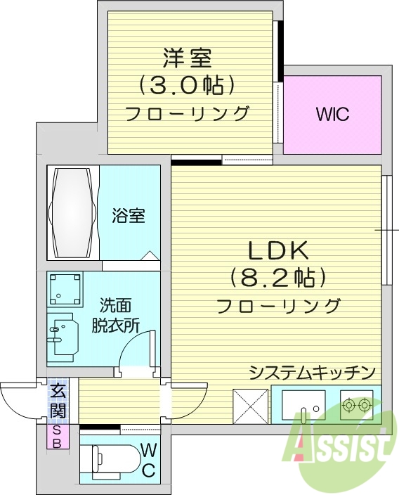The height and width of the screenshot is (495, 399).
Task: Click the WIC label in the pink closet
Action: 332,115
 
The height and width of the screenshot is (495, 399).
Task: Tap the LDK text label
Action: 277,252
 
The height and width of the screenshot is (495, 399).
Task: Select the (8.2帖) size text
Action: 277,278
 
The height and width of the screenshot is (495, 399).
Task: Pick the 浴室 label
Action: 129,215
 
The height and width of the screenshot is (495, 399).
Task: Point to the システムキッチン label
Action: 313,373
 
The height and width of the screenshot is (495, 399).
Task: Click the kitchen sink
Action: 303,406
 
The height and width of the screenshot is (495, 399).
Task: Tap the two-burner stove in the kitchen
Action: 356,405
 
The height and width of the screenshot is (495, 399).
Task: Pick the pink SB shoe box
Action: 58,437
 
